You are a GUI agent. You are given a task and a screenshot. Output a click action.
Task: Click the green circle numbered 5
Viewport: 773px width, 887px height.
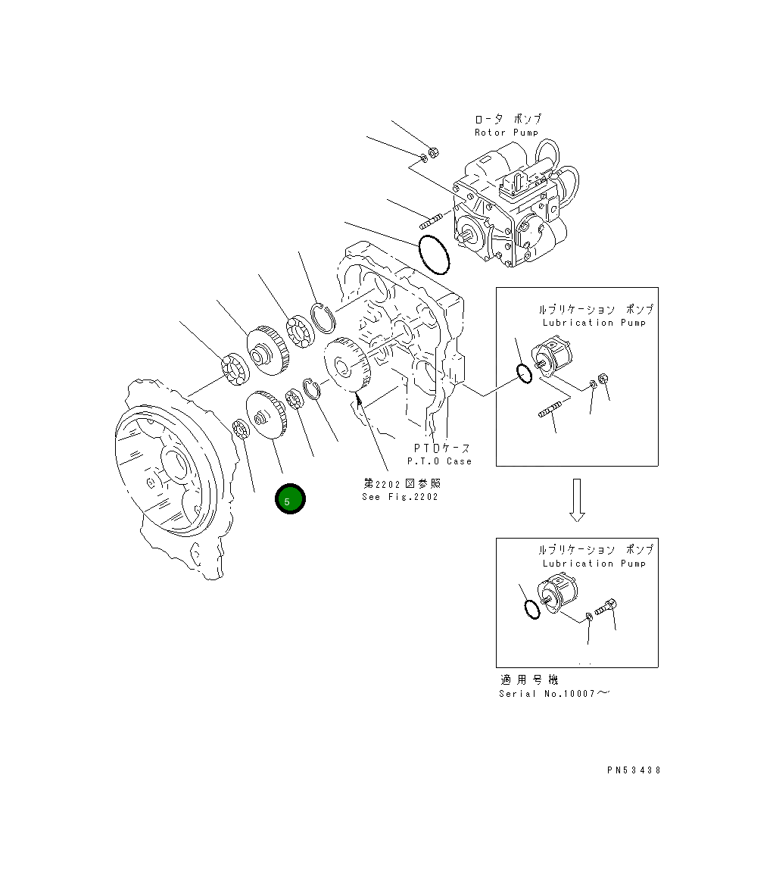(290, 499)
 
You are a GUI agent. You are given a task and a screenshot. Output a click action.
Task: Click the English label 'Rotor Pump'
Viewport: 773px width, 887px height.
(506, 133)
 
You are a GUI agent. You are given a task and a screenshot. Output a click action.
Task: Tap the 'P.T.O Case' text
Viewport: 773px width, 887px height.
(439, 461)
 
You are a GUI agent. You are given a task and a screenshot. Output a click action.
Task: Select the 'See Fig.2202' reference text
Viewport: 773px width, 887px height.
(400, 497)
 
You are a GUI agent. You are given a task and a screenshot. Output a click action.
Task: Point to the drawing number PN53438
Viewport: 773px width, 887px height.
(634, 770)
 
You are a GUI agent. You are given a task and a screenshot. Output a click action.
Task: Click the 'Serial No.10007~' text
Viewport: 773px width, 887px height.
(554, 694)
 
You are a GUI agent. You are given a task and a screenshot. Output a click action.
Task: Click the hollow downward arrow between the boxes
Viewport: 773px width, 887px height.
(577, 500)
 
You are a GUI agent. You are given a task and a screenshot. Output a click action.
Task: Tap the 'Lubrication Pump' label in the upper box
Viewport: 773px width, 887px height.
(594, 323)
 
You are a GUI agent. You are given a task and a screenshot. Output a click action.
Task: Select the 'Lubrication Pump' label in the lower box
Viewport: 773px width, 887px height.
(594, 564)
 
